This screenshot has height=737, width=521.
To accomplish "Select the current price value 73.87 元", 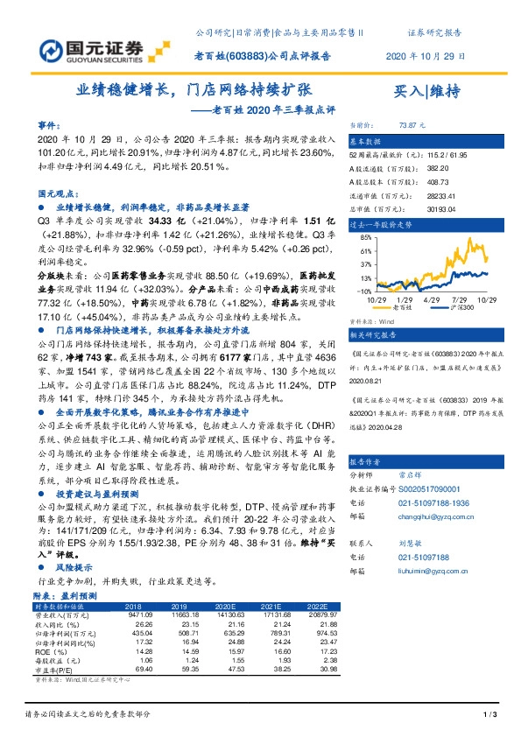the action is coord(412,126).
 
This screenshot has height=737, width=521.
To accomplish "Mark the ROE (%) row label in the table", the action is coord(49,652).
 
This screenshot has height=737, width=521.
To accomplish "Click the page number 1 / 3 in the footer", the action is coord(489,716).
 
